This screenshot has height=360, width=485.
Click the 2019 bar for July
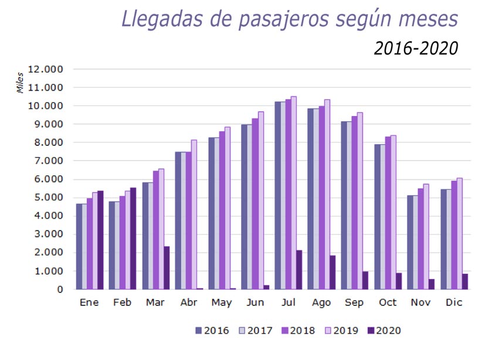[x=294, y=193]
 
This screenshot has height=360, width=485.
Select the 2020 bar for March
[x=167, y=268]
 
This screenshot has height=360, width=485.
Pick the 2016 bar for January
[x=79, y=247]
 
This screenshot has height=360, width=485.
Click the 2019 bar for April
[x=194, y=215]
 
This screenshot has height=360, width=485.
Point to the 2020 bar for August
[x=332, y=273]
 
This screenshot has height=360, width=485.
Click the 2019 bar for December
[x=459, y=234]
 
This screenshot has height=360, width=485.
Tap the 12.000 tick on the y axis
[x=49, y=69]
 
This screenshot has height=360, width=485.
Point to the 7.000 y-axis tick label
[x=49, y=161]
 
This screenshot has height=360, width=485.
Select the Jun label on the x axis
[x=256, y=303]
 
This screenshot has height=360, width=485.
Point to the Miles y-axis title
[x=20, y=83]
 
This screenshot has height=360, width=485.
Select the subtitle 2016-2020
[x=415, y=48]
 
